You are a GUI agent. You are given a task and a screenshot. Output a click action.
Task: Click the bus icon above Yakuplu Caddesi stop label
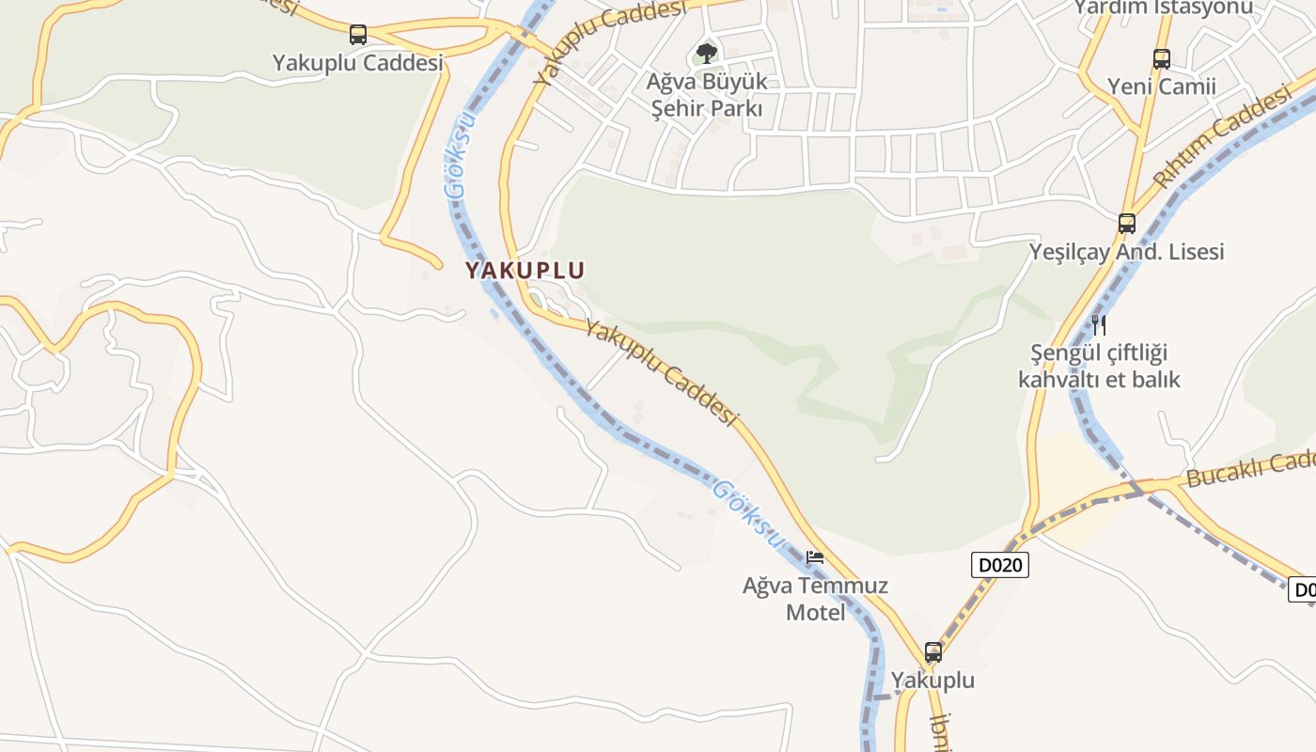(358, 35)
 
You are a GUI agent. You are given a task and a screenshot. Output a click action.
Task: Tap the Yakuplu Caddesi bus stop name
(357, 63)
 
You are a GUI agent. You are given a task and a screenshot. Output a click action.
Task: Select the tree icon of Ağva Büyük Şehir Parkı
(707, 53)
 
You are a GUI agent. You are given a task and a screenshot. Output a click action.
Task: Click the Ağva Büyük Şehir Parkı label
(707, 95)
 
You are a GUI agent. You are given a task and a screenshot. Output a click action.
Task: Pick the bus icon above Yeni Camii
(1162, 59)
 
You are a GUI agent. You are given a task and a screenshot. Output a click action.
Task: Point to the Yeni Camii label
(1162, 86)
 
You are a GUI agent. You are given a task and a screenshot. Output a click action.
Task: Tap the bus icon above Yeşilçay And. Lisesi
(1127, 224)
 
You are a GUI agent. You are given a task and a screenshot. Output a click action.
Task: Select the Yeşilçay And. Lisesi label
(1127, 252)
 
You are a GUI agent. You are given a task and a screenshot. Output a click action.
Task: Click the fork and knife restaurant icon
(1098, 325)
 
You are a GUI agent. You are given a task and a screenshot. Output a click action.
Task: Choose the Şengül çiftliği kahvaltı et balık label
(1099, 367)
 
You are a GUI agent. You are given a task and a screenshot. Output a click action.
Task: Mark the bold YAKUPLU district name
(525, 271)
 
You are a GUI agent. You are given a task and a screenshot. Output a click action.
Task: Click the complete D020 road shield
(1000, 565)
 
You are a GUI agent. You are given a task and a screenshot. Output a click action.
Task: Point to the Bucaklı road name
(1250, 468)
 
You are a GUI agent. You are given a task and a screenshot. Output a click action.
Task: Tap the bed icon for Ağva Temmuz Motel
(815, 557)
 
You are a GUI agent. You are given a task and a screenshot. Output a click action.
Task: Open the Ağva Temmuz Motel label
(815, 599)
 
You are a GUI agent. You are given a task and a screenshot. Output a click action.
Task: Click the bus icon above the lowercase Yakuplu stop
(933, 651)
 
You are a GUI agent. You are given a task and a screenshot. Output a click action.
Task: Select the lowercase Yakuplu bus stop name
(932, 680)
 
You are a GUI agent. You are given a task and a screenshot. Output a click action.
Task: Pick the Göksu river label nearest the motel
(748, 513)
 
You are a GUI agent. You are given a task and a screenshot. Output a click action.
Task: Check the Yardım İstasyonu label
(1164, 8)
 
